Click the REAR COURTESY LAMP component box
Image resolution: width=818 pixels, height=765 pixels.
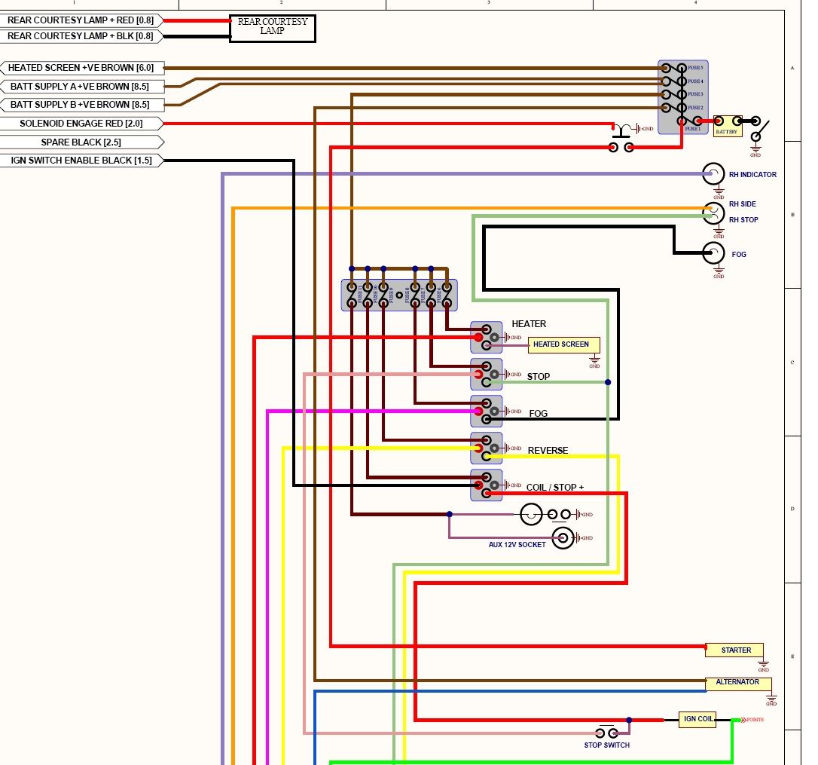pos(272,28)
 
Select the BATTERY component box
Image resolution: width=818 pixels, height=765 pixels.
pos(727,126)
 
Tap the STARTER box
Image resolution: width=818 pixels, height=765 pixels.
pos(734,650)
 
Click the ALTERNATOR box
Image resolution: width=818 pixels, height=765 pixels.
pos(738,683)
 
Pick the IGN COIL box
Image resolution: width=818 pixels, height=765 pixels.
pos(697,719)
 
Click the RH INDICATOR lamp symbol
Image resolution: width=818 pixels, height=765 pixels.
pos(713,174)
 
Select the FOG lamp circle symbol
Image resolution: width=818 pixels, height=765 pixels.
pos(713,254)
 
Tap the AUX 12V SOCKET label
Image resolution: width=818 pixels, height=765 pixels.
pos(517,544)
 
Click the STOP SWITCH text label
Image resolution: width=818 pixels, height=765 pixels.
pos(606,745)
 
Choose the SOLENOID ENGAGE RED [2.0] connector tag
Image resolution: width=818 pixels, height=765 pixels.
pos(81,124)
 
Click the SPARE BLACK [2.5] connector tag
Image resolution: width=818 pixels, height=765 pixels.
pos(81,142)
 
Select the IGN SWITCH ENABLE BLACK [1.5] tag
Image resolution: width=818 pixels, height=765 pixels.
pos(81,161)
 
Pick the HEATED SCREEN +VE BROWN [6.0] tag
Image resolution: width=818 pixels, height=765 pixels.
pos(81,68)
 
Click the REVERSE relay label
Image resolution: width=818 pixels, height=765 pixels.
pos(548,451)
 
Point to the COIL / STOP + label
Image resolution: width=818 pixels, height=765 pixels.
pos(554,488)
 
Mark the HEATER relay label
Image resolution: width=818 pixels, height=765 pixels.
pos(529,324)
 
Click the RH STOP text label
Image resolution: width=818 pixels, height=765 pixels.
pos(743,220)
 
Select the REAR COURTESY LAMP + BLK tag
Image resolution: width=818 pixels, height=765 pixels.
pos(81,36)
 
